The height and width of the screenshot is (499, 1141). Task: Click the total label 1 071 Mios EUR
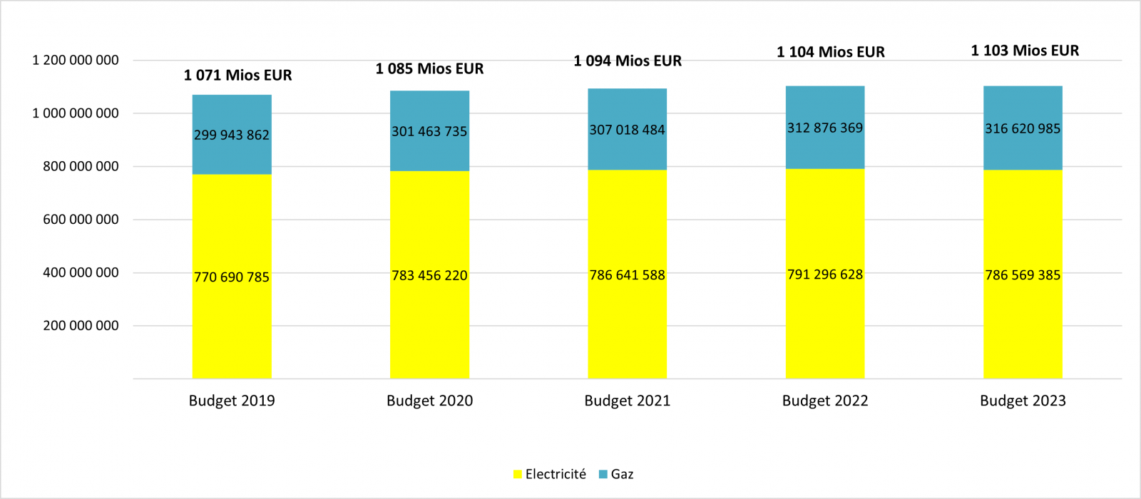pyautogui.click(x=237, y=76)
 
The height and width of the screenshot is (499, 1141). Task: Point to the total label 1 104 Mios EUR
pyautogui.click(x=831, y=52)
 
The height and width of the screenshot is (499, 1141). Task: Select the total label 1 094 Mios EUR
pyautogui.click(x=628, y=61)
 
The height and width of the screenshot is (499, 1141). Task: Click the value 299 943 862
pyautogui.click(x=232, y=135)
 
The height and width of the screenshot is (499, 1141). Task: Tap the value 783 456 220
pyautogui.click(x=429, y=275)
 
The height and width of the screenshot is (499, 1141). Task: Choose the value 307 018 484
pyautogui.click(x=627, y=130)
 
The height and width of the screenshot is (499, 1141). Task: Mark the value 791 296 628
pyautogui.click(x=825, y=274)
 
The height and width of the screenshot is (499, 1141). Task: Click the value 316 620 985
pyautogui.click(x=1023, y=129)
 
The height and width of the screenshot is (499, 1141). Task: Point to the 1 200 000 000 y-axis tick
pyautogui.click(x=76, y=61)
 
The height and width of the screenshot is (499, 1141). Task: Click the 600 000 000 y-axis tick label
pyautogui.click(x=81, y=220)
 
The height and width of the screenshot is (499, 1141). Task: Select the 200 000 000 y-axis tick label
pyautogui.click(x=81, y=326)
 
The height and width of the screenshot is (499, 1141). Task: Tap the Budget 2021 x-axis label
pyautogui.click(x=628, y=401)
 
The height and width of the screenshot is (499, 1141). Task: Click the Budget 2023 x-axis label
pyautogui.click(x=1023, y=401)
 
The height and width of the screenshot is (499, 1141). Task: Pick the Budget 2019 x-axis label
pyautogui.click(x=232, y=401)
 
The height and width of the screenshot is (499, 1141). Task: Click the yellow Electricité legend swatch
pyautogui.click(x=518, y=475)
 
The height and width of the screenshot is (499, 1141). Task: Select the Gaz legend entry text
pyautogui.click(x=622, y=475)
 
